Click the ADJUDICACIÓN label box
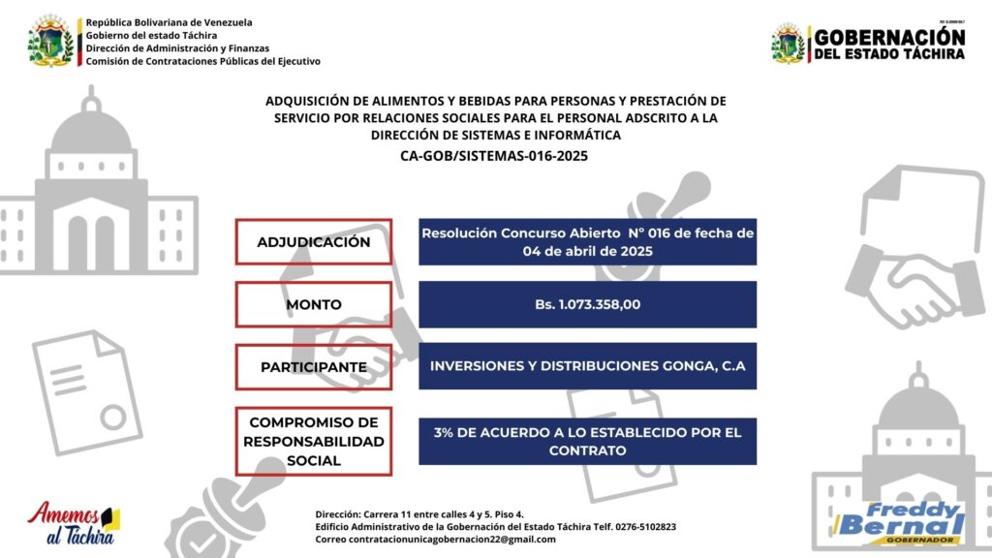pos(313,242)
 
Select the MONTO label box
pos(313,304)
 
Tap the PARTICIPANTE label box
pos(313,367)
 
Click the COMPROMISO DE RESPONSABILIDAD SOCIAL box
pos(313,442)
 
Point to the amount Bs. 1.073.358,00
pos(587,304)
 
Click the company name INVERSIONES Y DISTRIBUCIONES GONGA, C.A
pos(587,367)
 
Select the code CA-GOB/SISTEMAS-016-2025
pos(494,155)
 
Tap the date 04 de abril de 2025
pos(587,252)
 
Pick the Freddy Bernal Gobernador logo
pos(900,522)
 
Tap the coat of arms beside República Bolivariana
pos(50,41)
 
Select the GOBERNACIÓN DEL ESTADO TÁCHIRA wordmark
pos(888,44)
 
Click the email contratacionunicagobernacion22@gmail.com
pos(435,540)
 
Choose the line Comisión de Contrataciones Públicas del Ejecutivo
pos(202,61)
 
